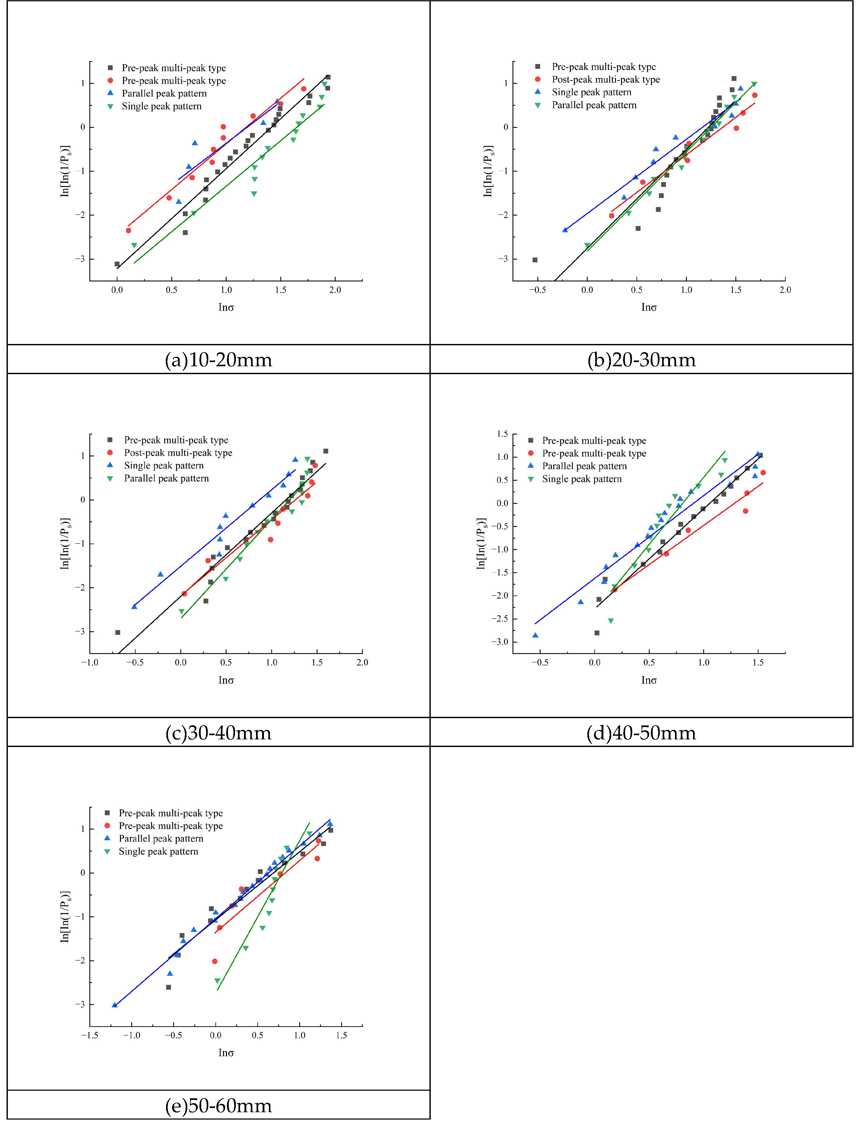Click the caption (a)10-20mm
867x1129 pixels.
[218, 360]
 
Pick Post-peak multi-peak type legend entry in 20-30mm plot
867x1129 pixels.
[605, 79]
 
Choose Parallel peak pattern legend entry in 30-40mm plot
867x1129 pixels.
[166, 479]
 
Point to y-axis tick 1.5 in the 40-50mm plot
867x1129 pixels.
[502, 434]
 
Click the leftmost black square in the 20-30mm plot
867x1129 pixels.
[535, 260]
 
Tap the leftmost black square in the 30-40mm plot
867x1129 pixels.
[118, 632]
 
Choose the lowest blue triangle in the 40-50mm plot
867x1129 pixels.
[535, 635]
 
